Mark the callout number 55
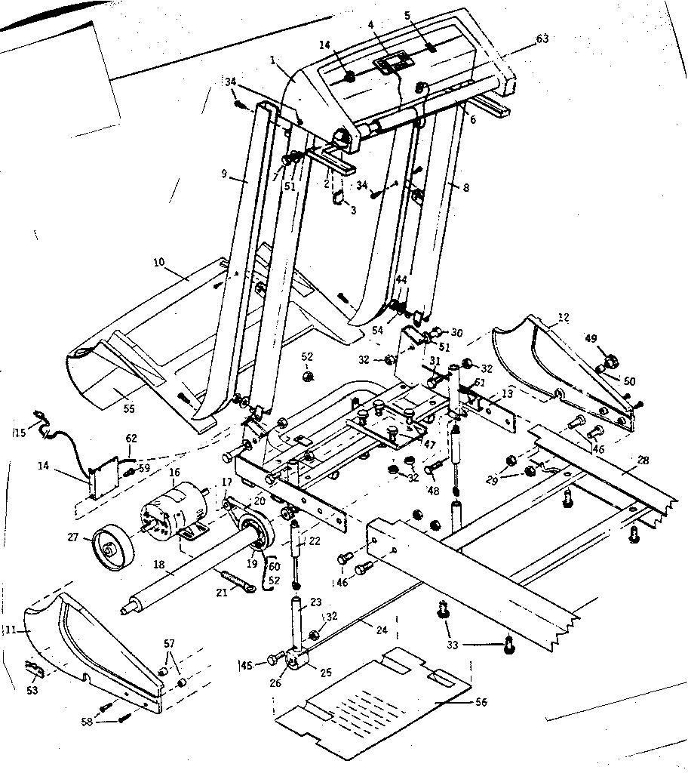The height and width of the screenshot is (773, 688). (x=129, y=408)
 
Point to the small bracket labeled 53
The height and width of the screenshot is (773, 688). (x=35, y=670)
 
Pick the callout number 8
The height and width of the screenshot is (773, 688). (x=465, y=187)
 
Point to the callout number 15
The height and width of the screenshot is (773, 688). (x=19, y=432)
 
